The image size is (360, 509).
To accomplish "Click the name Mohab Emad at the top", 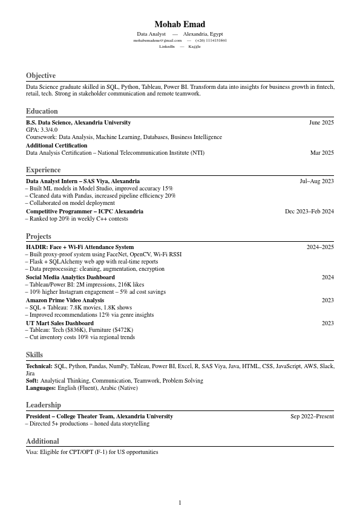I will (180, 24).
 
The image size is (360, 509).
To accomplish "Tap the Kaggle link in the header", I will (194, 47).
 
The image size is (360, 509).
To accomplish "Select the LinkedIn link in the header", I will (167, 47).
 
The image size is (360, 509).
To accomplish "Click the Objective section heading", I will (41, 76).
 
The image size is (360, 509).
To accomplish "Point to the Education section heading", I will (42, 111).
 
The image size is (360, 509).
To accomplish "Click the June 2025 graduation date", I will (321, 123).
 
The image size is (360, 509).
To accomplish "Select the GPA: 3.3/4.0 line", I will (42, 130).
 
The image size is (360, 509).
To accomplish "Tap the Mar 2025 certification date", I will (322, 153).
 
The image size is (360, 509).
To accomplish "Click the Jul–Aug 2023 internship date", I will (316, 181).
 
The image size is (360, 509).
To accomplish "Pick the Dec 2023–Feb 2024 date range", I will (309, 212).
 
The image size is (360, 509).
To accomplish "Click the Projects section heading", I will (38, 236).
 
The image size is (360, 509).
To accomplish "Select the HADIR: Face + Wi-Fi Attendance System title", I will (80, 247).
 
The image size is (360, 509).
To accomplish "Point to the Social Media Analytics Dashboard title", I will (70, 277).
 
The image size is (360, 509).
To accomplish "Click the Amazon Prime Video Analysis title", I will (65, 300).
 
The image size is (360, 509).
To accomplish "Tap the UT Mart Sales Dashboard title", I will (59, 323).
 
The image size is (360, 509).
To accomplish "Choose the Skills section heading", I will (34, 355).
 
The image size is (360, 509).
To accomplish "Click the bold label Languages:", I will (40, 388).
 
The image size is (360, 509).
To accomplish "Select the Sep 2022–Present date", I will (312, 417).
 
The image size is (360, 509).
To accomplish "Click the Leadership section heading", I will (43, 405).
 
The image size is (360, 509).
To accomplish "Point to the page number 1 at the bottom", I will (180, 503).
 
